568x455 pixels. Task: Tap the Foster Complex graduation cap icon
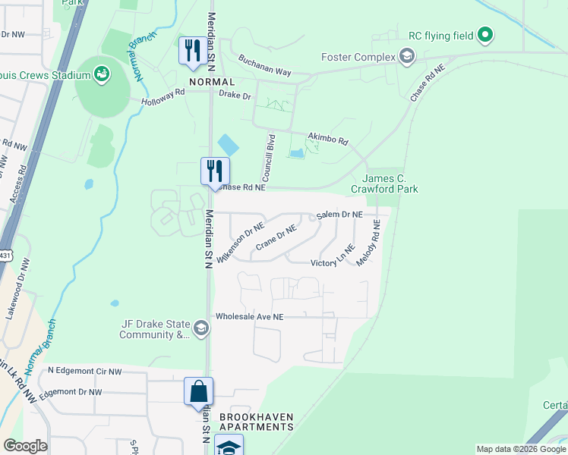coord(408,57)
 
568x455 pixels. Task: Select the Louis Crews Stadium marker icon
coord(100,74)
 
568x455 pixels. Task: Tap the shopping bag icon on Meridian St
coord(198,391)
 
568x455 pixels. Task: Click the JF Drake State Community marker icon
coord(201,328)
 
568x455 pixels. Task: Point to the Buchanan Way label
coord(264,65)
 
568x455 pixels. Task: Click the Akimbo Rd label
coord(327,140)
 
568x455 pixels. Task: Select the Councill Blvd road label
coord(270,153)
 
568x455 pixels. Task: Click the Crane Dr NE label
coord(275,237)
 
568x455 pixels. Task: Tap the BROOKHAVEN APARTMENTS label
coord(256,422)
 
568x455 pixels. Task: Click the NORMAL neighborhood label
coord(212,81)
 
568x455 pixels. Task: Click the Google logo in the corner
coord(24,446)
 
